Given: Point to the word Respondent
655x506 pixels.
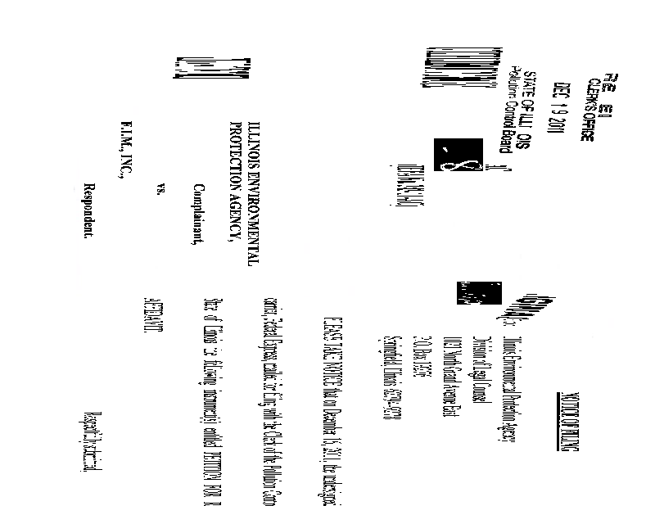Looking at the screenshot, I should pyautogui.click(x=89, y=210).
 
